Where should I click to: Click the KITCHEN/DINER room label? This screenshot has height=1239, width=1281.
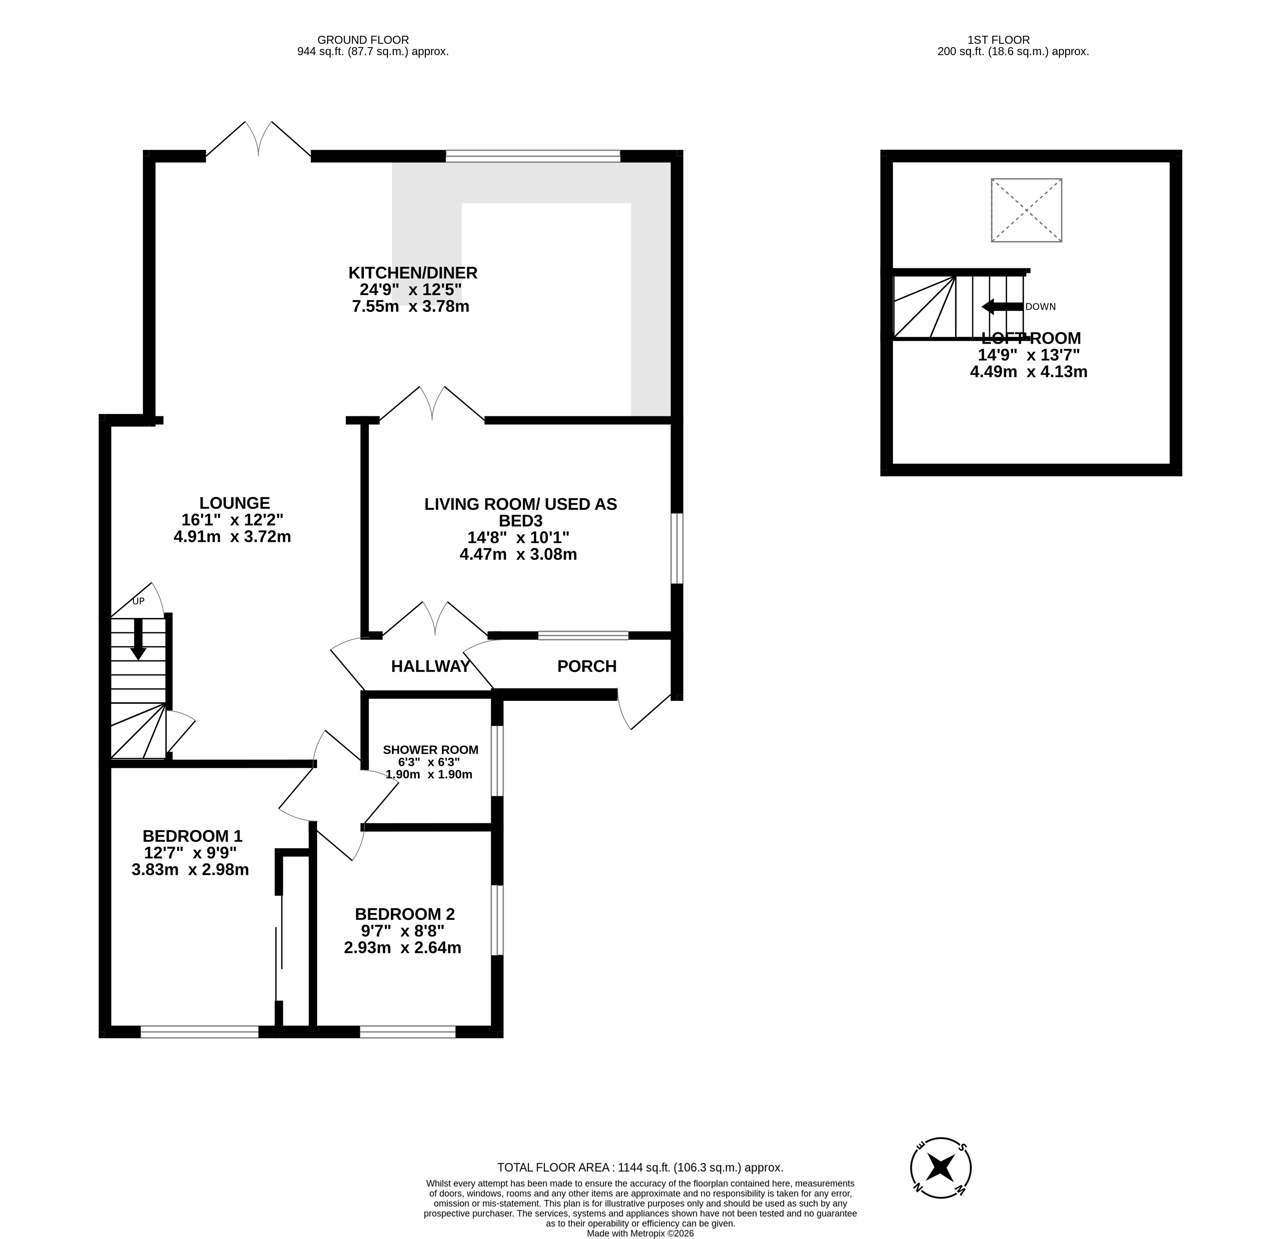(413, 272)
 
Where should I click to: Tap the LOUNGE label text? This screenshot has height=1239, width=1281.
(235, 503)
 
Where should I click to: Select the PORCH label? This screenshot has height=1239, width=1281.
(587, 667)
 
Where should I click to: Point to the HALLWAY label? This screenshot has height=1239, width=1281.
(431, 667)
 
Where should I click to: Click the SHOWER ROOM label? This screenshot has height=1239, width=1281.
(431, 750)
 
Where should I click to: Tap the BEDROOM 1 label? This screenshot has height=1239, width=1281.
(192, 836)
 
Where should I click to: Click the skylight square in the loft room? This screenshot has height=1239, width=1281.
(1026, 210)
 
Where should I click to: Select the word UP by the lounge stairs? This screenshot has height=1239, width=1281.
(138, 601)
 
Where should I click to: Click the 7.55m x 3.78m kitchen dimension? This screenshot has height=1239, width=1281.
(411, 306)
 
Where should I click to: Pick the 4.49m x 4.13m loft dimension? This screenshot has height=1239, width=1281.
(1029, 372)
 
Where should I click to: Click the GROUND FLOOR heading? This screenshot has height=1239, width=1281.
(373, 40)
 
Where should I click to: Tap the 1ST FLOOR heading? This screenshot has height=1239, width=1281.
(1013, 40)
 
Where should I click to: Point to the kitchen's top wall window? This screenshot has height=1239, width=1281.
(533, 156)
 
